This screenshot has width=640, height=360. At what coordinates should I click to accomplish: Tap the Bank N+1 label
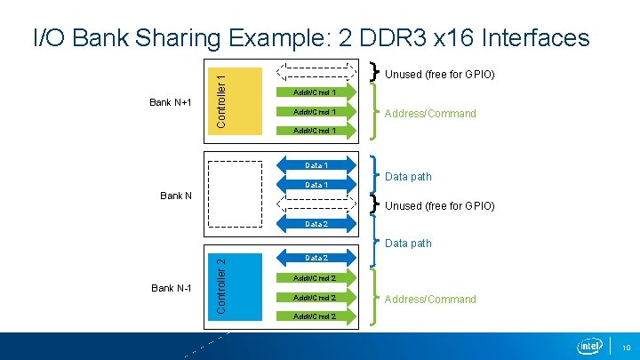[172, 102]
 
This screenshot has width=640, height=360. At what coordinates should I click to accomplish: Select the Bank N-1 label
[172, 288]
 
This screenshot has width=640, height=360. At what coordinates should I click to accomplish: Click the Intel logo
[589, 346]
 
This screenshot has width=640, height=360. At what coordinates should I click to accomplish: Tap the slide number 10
[626, 348]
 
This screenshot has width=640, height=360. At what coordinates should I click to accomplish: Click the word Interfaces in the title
[534, 37]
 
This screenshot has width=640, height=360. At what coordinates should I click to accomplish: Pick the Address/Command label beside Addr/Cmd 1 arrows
[430, 114]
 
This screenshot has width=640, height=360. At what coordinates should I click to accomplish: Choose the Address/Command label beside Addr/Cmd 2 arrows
[430, 300]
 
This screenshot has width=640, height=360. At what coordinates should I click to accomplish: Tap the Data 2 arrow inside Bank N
[316, 224]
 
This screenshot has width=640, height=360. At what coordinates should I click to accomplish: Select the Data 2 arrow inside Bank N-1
[316, 258]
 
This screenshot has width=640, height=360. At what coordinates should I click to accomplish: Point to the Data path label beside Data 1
[409, 177]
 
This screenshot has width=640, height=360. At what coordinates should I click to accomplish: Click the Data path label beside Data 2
[409, 244]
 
